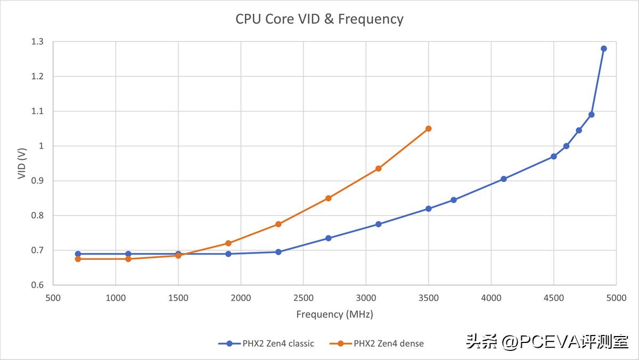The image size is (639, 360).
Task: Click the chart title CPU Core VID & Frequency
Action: [319, 19]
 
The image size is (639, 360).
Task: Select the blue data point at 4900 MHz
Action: [603, 48]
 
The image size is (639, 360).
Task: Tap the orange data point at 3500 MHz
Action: [428, 128]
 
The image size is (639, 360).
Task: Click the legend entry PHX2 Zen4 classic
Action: [266, 343]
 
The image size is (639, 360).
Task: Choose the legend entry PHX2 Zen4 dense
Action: [377, 343]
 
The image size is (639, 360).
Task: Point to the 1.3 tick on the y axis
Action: [37, 42]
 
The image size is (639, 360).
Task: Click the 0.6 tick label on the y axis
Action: [37, 285]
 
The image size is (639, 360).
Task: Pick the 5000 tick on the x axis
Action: [616, 298]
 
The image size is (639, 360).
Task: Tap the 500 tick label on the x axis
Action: [53, 298]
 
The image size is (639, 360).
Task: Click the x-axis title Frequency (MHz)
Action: [334, 314]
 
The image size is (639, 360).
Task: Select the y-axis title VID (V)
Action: [22, 163]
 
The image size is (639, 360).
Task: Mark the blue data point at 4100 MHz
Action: [503, 179]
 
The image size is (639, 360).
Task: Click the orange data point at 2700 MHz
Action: [328, 198]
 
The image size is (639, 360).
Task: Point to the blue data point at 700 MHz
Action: [78, 254]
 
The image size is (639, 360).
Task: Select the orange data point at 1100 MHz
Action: [128, 259]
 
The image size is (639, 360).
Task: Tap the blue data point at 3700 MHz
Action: [453, 200]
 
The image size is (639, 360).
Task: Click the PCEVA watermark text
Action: [547, 341]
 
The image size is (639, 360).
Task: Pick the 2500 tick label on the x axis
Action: [303, 298]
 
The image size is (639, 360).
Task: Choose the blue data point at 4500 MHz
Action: [553, 156]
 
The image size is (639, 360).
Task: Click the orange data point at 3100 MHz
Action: [378, 168]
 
